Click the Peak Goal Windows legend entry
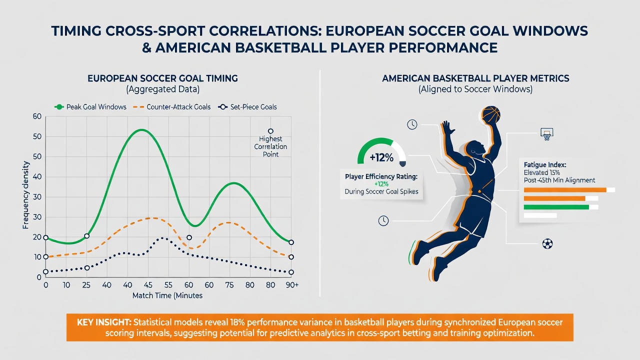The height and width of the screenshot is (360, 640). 90,107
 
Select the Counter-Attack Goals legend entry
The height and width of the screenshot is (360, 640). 171,107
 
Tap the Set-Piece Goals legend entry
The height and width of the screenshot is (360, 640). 247,107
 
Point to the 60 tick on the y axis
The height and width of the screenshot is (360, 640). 37,116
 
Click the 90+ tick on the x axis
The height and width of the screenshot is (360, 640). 291,285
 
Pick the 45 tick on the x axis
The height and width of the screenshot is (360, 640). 148,285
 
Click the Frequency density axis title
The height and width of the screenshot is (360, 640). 25,195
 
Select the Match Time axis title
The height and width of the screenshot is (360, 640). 167,295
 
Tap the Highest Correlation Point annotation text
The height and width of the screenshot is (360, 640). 270,146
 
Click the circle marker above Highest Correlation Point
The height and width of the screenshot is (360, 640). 270,131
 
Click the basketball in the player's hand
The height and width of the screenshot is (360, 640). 491,114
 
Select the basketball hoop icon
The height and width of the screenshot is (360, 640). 547,133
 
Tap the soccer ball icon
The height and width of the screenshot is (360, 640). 547,243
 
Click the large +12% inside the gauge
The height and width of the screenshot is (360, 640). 381,157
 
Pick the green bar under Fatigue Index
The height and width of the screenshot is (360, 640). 556,207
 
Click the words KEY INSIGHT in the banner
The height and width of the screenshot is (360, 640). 104,322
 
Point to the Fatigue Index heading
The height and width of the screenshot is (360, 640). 545,165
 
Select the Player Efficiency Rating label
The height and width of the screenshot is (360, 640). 381,176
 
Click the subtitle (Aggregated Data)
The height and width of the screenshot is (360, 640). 163,89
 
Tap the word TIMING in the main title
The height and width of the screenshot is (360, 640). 76,31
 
